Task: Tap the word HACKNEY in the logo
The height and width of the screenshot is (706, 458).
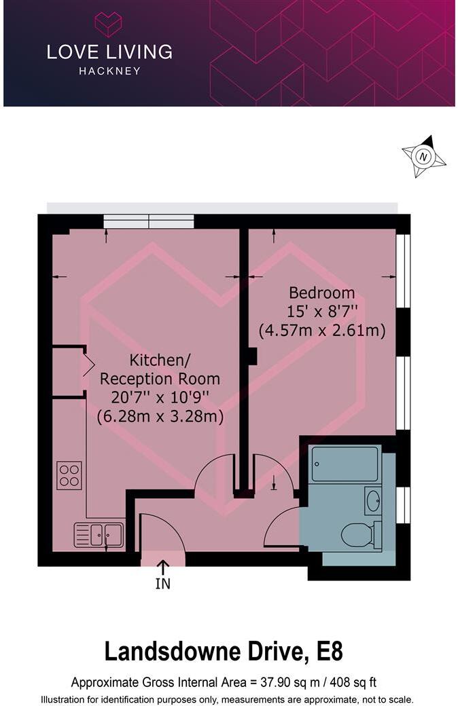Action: pyautogui.click(x=109, y=71)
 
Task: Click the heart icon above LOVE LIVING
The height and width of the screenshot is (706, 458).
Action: pyautogui.click(x=108, y=24)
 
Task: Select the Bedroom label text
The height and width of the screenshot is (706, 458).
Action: pyautogui.click(x=322, y=293)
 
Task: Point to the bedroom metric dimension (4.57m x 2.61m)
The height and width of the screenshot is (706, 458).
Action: pyautogui.click(x=322, y=331)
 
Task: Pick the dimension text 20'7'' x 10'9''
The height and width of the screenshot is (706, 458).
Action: pyautogui.click(x=160, y=398)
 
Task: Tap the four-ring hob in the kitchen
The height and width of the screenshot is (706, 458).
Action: pyautogui.click(x=69, y=474)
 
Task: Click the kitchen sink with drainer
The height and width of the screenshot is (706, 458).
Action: pyautogui.click(x=99, y=534)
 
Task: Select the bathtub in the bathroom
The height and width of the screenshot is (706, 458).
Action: pyautogui.click(x=345, y=464)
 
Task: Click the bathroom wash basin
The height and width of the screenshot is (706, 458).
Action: pyautogui.click(x=373, y=501)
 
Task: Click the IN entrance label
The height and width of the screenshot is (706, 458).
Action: pyautogui.click(x=163, y=583)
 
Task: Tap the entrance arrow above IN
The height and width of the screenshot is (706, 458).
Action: pyautogui.click(x=163, y=566)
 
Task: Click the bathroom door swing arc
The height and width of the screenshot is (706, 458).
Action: pyautogui.click(x=280, y=527)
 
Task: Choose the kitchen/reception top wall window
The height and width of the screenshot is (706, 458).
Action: pyautogui.click(x=149, y=221)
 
